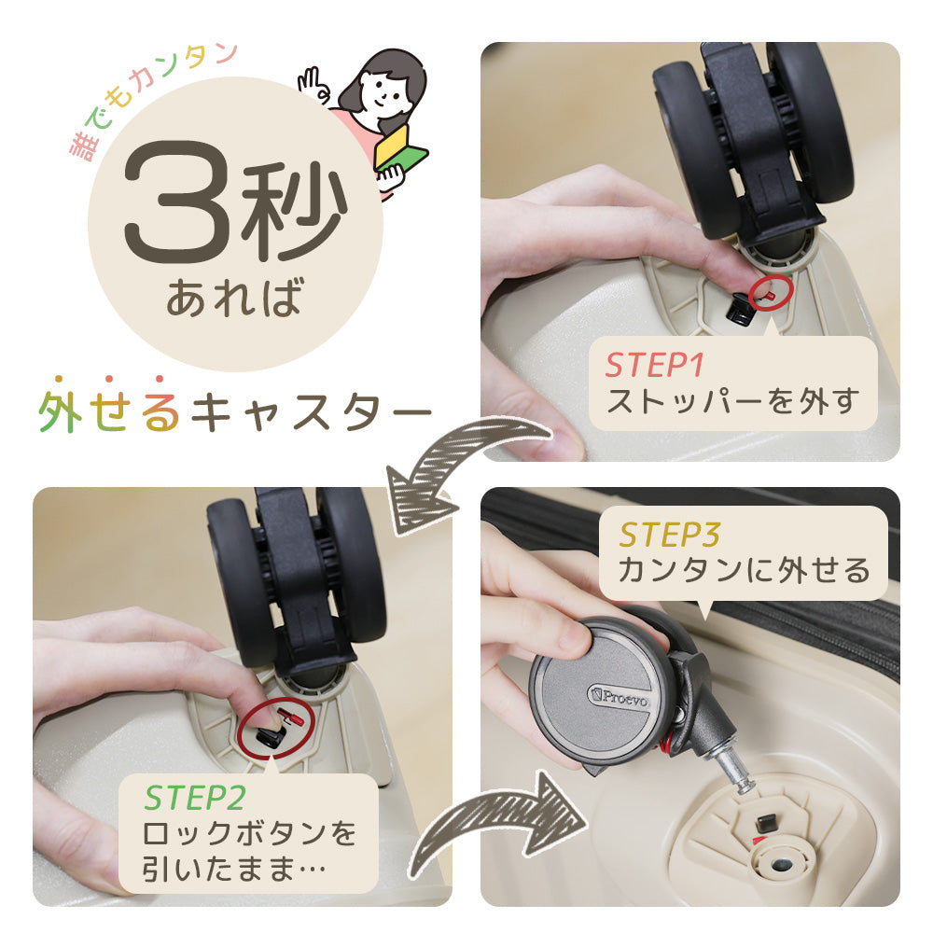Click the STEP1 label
[x=655, y=365]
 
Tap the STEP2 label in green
[x=195, y=798]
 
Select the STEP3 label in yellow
[x=669, y=535]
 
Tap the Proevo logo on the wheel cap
[x=618, y=696]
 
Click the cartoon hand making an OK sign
[x=313, y=85]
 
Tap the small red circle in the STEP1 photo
[x=771, y=293]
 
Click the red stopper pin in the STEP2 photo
[x=292, y=717]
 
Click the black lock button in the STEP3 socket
[x=766, y=823]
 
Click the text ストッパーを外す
[x=732, y=400]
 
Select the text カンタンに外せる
[x=744, y=570]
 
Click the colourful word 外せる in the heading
[x=109, y=411]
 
